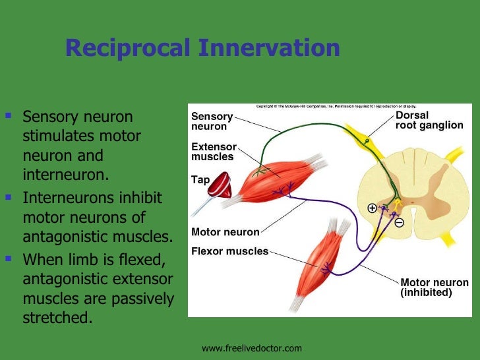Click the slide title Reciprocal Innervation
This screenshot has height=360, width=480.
coord(202,48)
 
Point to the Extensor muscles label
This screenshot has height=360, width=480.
coord(212,152)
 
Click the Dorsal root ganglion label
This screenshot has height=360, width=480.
coord(429,120)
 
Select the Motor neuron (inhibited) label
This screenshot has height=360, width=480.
coord(435,287)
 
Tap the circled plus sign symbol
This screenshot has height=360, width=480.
coord(372,208)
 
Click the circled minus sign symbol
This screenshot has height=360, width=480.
coord(399,222)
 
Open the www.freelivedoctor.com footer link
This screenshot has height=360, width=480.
coord(251,347)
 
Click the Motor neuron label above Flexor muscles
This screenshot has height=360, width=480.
coord(225,232)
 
